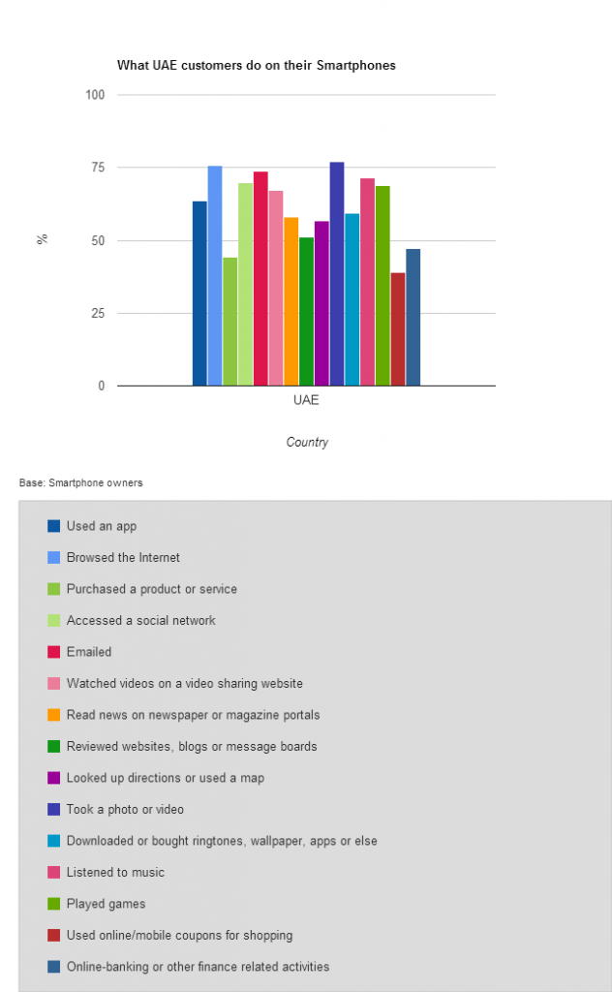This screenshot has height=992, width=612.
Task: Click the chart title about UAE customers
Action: pyautogui.click(x=256, y=65)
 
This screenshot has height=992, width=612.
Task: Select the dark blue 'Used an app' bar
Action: pyautogui.click(x=199, y=294)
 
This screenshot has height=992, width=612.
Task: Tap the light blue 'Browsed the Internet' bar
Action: pyautogui.click(x=215, y=276)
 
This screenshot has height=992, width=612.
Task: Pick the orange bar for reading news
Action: pyautogui.click(x=291, y=301)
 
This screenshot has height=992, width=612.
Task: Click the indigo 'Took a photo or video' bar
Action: pyautogui.click(x=337, y=274)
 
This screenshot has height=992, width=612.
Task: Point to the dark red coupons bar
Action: pyautogui.click(x=398, y=329)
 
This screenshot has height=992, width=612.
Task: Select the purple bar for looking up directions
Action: pyautogui.click(x=321, y=303)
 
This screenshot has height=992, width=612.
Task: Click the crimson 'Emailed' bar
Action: pyautogui.click(x=260, y=278)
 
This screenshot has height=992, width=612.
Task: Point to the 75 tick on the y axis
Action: pyautogui.click(x=98, y=167)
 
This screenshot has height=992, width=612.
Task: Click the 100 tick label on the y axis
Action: pyautogui.click(x=95, y=94)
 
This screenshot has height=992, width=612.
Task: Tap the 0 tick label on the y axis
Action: pyautogui.click(x=101, y=386)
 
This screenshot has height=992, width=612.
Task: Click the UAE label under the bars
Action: pyautogui.click(x=306, y=400)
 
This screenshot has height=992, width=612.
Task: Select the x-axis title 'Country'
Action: pyautogui.click(x=307, y=442)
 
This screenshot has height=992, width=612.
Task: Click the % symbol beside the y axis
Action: pyautogui.click(x=43, y=238)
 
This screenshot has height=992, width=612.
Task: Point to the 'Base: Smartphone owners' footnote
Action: pyautogui.click(x=81, y=482)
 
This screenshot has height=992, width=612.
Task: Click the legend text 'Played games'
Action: pyautogui.click(x=107, y=904)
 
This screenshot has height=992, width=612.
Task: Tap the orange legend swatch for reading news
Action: pyautogui.click(x=53, y=715)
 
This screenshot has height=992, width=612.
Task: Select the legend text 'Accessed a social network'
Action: pyautogui.click(x=141, y=620)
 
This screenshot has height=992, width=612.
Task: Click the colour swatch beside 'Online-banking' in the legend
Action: pyautogui.click(x=53, y=966)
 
